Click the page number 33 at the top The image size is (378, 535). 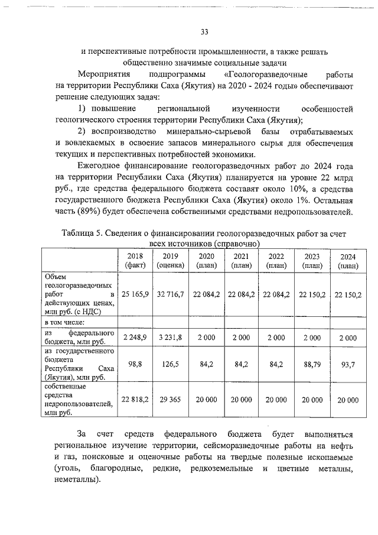204,31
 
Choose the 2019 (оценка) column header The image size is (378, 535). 170,261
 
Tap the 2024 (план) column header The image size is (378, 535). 348,261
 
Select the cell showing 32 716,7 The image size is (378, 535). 170,294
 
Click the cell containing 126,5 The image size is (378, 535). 170,365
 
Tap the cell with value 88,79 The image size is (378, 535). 312,365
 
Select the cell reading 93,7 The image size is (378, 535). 348,365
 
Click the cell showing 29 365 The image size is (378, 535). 170,400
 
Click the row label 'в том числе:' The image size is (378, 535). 65,322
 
